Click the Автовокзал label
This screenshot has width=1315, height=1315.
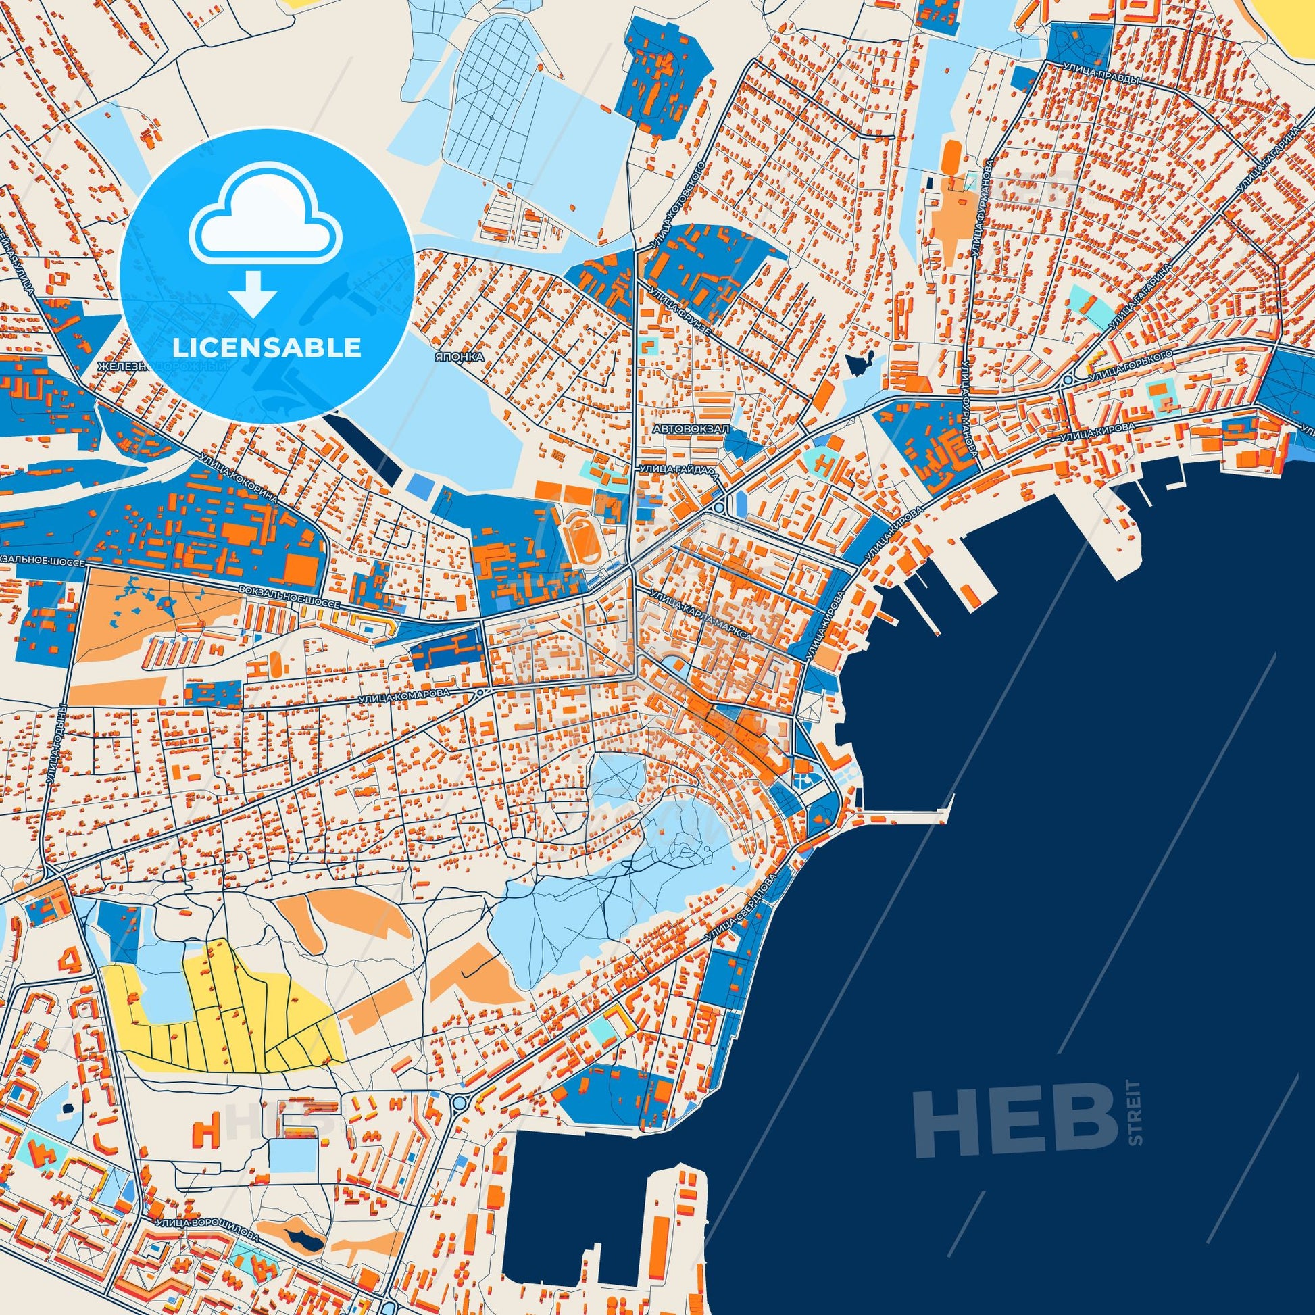point(690,430)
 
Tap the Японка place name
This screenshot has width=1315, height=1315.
point(461,356)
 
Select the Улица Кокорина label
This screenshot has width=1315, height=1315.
point(239,478)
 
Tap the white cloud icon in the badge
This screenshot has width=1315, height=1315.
point(266,224)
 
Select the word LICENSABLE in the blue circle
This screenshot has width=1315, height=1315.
point(267,347)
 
